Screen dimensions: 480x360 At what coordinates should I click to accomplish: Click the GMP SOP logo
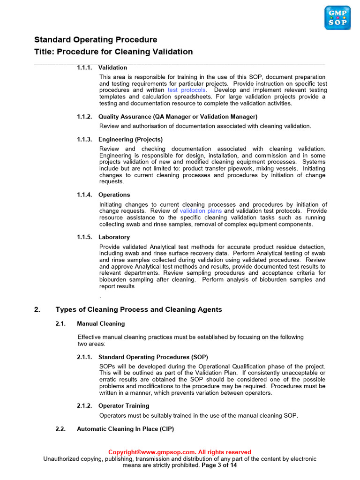(337, 18)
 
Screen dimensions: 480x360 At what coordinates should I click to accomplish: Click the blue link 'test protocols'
(187, 90)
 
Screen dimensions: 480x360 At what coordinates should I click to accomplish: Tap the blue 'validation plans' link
(201, 211)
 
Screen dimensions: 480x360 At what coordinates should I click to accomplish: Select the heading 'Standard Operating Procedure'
(96, 40)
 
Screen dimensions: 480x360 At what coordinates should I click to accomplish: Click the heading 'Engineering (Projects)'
(130, 139)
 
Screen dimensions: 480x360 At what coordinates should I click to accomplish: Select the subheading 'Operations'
(114, 195)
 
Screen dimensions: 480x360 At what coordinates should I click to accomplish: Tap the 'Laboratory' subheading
(114, 237)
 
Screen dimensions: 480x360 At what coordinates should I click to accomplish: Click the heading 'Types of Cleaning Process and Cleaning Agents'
(138, 309)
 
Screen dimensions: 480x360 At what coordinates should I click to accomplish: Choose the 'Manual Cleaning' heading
(101, 323)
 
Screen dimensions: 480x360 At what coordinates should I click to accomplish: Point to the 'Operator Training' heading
(124, 405)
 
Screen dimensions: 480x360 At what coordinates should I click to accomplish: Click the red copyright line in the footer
(180, 452)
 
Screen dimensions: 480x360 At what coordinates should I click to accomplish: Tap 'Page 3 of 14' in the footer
(219, 465)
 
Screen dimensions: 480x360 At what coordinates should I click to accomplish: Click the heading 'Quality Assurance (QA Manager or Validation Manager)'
(178, 116)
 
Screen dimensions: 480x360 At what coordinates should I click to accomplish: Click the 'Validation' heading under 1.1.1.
(112, 67)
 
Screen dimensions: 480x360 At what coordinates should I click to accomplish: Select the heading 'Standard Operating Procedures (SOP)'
(153, 357)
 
